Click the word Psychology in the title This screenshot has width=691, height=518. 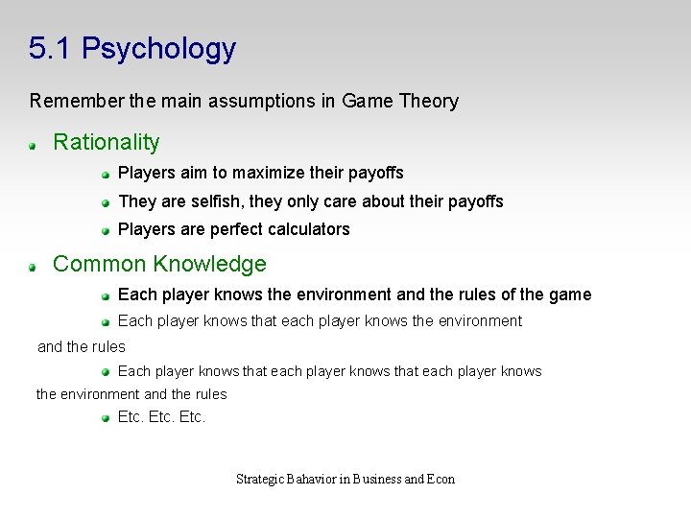click(x=158, y=49)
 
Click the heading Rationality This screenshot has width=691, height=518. click(x=107, y=143)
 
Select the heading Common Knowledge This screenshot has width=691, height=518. click(x=159, y=264)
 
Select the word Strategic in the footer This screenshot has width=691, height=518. click(x=260, y=479)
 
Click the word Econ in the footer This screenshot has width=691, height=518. click(x=441, y=479)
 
